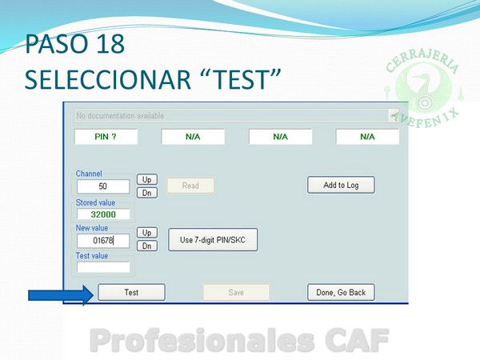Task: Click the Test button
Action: (132, 292)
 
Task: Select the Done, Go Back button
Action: (341, 292)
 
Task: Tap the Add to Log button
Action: (341, 185)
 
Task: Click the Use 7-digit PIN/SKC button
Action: (213, 240)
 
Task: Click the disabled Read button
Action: (190, 186)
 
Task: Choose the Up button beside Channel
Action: (147, 179)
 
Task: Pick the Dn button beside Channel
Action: (147, 193)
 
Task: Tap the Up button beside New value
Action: (147, 233)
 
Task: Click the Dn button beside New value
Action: (147, 246)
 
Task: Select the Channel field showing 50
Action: (103, 186)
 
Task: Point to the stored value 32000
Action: (103, 214)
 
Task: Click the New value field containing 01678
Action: (103, 241)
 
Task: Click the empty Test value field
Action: (103, 267)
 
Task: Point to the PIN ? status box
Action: (106, 137)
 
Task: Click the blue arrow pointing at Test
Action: (61, 295)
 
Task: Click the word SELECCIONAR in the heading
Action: (108, 79)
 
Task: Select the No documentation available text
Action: (120, 116)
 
